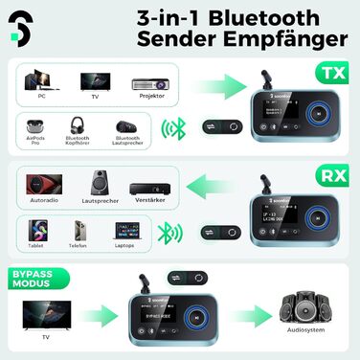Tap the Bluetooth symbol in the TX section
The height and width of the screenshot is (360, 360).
tap(173, 128)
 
